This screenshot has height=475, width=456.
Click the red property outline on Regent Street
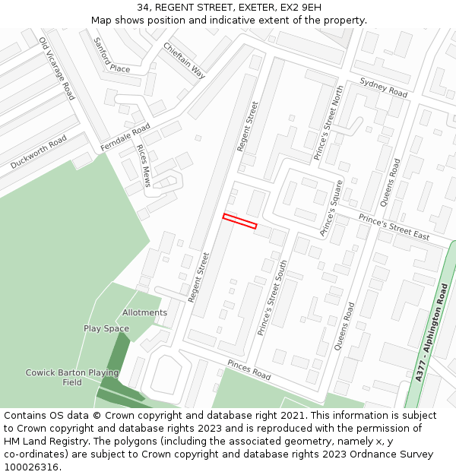(x=239, y=221)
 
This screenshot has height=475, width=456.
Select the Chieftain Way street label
(x=184, y=60)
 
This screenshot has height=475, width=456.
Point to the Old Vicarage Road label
(x=57, y=68)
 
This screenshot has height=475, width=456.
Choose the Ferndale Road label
(x=125, y=138)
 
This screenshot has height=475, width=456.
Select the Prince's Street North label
(x=329, y=122)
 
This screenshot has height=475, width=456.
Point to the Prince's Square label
(x=332, y=208)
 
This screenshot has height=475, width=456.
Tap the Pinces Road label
(x=249, y=370)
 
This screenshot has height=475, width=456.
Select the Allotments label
(x=144, y=312)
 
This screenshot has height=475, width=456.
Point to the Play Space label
(x=106, y=328)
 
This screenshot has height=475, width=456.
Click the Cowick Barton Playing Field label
(x=72, y=377)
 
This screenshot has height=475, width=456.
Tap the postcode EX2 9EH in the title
(x=301, y=8)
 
